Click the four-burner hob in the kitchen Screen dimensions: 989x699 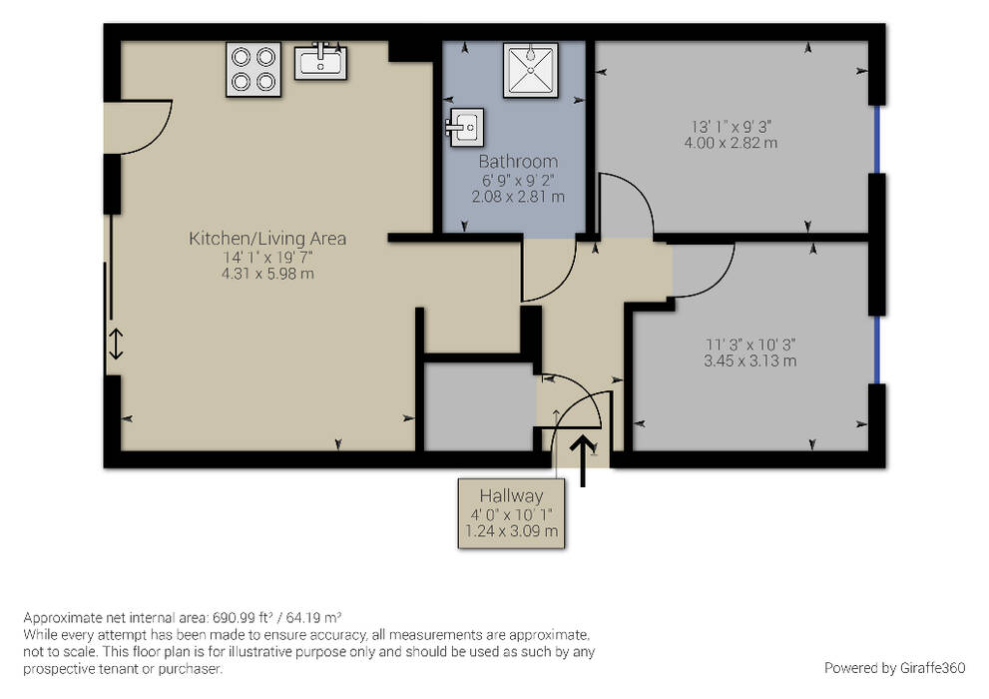click(253, 69)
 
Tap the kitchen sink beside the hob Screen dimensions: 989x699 click(320, 61)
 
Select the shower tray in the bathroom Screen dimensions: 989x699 click(531, 70)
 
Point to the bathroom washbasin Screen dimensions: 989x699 click(465, 128)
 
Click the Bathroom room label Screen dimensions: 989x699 click(518, 162)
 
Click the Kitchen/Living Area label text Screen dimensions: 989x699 click(267, 239)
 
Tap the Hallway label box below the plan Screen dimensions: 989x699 click(511, 513)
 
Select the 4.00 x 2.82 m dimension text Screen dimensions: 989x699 click(732, 143)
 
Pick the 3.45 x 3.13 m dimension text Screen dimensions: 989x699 click(749, 360)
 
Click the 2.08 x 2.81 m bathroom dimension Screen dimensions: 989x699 click(518, 197)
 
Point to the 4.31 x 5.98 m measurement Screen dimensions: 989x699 click(267, 274)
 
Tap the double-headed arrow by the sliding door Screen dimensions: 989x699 click(116, 344)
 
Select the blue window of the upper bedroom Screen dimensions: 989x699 click(877, 140)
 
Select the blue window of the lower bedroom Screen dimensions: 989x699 click(877, 349)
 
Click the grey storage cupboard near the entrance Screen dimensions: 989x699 click(479, 406)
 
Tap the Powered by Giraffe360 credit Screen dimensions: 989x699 click(894, 668)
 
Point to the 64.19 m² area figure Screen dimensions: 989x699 click(313, 617)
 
